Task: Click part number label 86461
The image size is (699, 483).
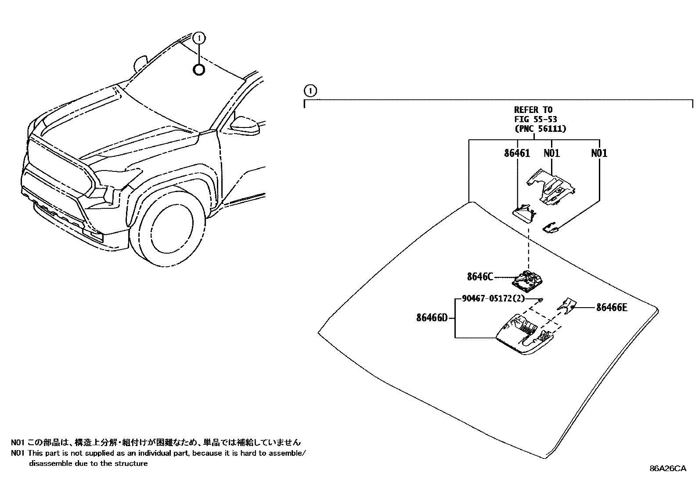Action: pos(517,153)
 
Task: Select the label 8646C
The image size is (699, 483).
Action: pos(480,277)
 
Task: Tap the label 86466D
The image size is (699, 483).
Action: pos(431,317)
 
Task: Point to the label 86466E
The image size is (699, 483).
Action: pos(611,308)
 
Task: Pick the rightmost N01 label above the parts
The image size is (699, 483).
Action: pos(599,153)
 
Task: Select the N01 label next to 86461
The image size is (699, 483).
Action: pos(551,153)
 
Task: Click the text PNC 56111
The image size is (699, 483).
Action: pos(540,129)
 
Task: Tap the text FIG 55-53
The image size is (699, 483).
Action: pos(536,119)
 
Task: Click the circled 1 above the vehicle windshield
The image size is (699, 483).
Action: pos(199,38)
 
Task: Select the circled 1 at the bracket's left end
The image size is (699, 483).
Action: pos(310,91)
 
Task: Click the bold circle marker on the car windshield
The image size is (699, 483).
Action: pos(199,69)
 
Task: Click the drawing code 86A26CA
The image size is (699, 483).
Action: pos(667,468)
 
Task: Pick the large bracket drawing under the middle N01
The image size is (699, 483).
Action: pos(551,187)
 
